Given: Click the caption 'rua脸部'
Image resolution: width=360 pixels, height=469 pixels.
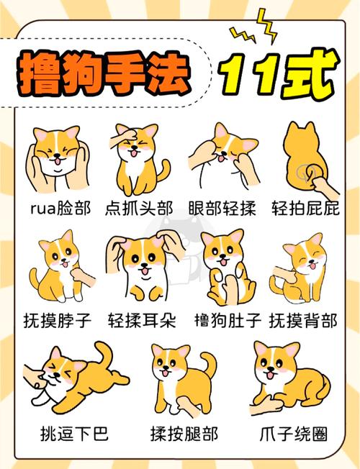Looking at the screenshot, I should (x=60, y=209).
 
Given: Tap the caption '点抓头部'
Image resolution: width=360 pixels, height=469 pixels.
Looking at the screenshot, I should (x=139, y=209).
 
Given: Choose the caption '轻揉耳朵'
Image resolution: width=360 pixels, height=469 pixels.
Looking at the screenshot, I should (x=141, y=319).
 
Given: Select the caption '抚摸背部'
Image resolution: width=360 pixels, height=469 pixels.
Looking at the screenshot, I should (x=302, y=319).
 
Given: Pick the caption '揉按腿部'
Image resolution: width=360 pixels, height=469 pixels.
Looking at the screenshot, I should (x=183, y=434).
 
